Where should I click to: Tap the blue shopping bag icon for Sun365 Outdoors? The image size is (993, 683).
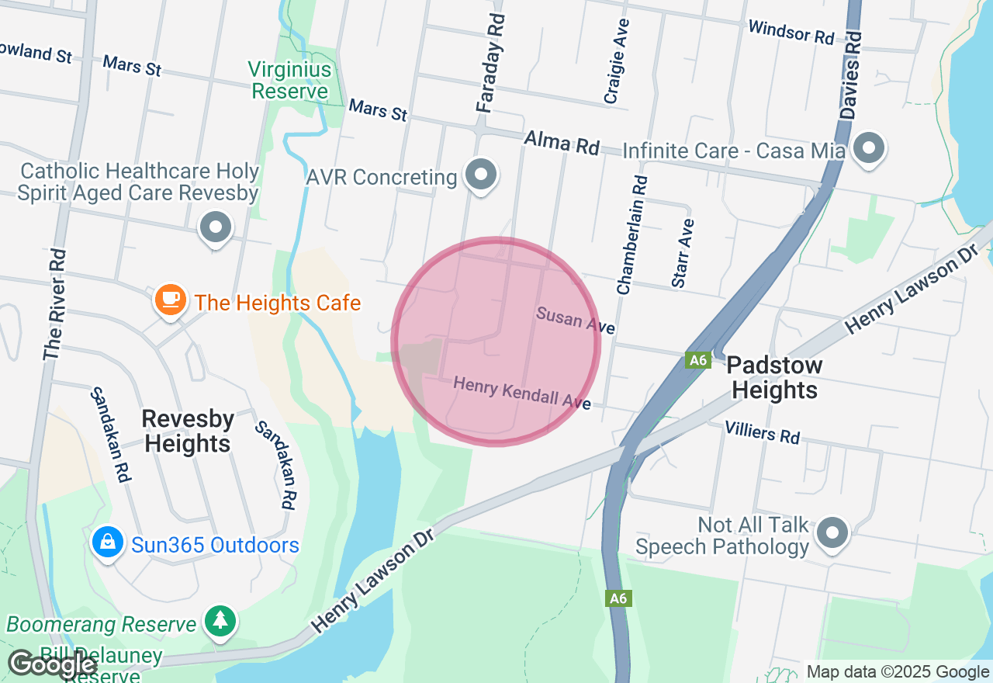[108, 543]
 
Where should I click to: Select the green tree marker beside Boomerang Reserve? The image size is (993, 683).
[221, 619]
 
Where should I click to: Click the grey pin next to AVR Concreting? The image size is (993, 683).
[481, 175]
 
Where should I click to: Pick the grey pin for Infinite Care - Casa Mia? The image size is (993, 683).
[869, 147]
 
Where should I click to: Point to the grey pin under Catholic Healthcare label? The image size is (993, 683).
[216, 227]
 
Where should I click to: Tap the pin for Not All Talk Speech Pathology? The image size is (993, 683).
[833, 532]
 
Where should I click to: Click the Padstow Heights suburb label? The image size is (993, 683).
[775, 377]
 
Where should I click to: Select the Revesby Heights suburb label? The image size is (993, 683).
[188, 431]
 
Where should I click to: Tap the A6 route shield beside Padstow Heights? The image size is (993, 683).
[698, 360]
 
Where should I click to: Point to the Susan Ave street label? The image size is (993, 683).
[575, 319]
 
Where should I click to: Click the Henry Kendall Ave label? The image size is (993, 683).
[522, 393]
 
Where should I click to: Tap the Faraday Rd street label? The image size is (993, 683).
[491, 64]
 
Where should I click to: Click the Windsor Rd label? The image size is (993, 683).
[791, 33]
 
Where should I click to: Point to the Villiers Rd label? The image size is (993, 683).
[762, 432]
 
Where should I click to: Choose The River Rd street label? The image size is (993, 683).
[54, 305]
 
